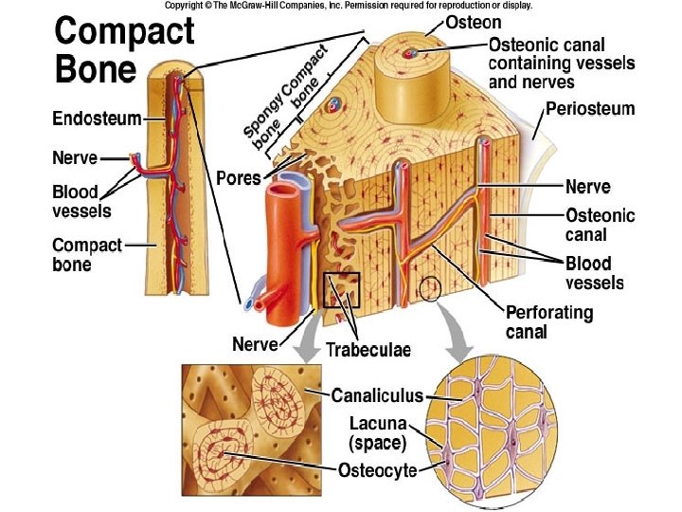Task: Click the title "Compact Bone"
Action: (124, 49)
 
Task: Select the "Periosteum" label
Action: (589, 109)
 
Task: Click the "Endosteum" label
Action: (97, 119)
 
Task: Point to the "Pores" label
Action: (238, 177)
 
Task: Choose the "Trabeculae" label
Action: (368, 350)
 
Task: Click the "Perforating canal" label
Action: (549, 321)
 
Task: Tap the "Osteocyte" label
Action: (377, 470)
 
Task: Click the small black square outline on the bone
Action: (341, 289)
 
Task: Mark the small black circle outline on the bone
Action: (430, 288)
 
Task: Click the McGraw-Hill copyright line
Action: (348, 6)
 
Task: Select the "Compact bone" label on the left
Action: (86, 254)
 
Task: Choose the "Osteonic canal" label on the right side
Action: (600, 225)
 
